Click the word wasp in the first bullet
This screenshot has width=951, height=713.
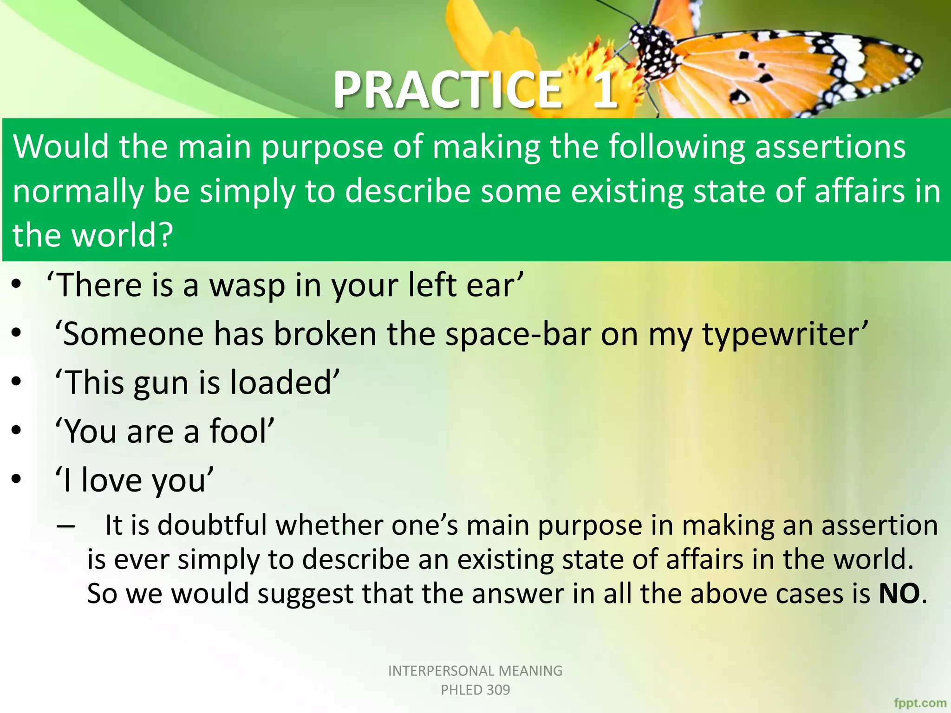(247, 285)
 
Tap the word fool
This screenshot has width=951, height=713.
(241, 432)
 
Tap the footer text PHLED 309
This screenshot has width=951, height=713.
(475, 690)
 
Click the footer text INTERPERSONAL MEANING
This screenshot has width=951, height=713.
(475, 671)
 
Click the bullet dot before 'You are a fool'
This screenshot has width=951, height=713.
(17, 430)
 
